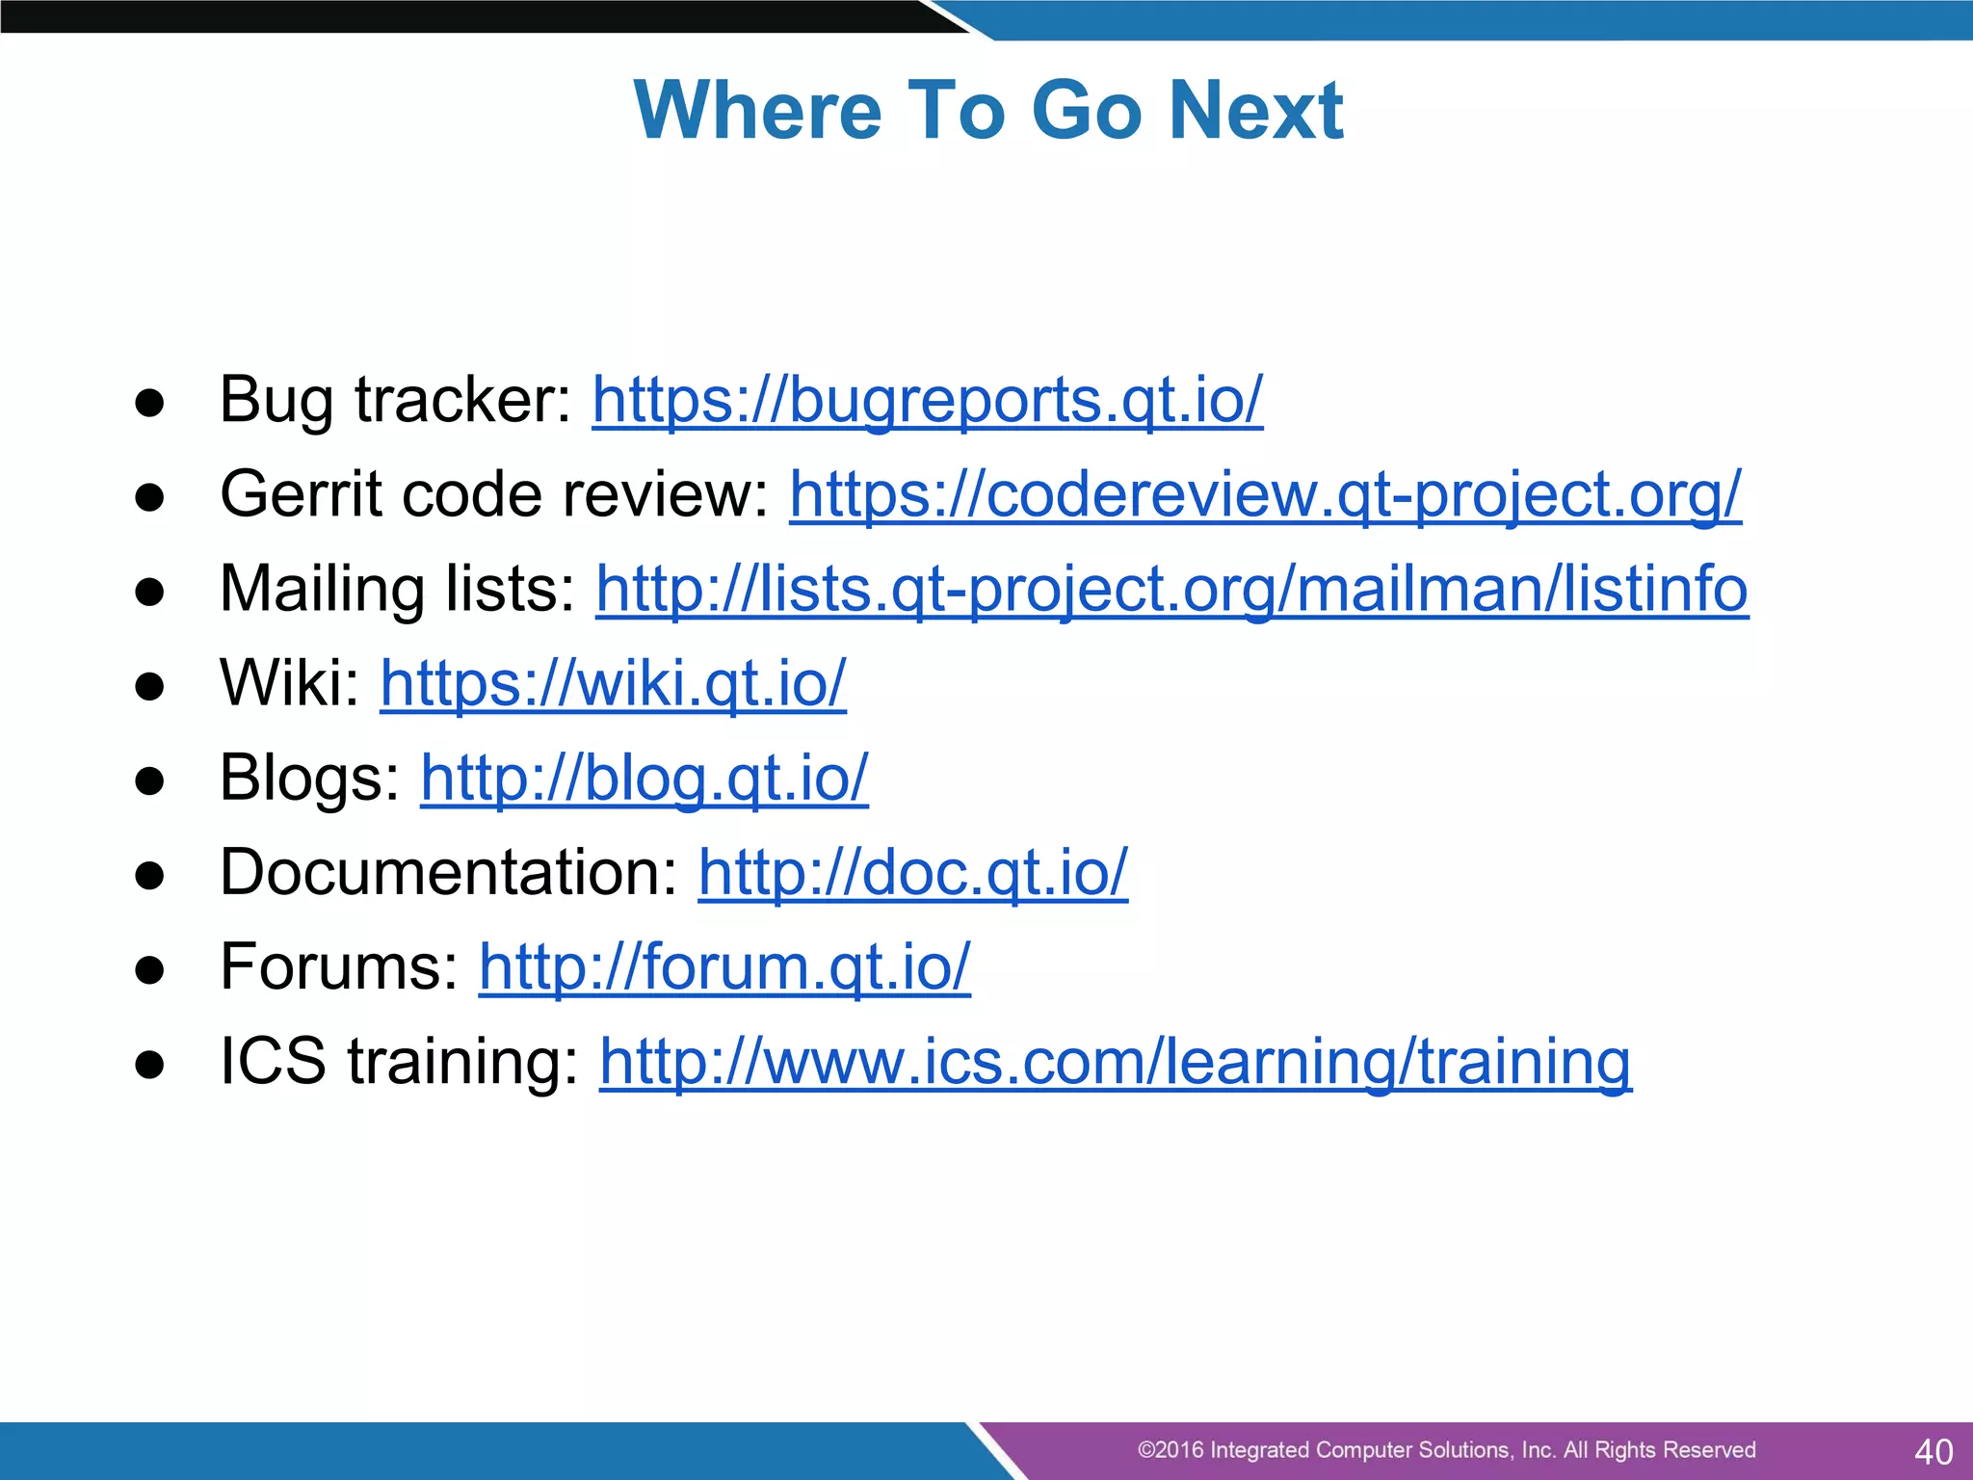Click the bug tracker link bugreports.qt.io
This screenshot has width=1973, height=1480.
[x=927, y=400]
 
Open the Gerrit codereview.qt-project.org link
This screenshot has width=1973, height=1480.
[x=1265, y=494]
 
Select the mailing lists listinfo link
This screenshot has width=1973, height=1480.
[x=1171, y=589]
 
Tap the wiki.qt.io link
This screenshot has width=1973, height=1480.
[x=613, y=683]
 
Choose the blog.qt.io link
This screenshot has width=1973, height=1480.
[x=645, y=778]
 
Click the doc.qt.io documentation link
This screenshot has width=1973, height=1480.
[x=912, y=872]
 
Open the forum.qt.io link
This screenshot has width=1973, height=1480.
[x=724, y=966]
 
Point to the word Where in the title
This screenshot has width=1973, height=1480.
[x=757, y=110]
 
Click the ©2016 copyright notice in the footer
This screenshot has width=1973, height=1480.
[x=1446, y=1450]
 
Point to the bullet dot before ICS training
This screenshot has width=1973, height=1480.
[x=149, y=1066]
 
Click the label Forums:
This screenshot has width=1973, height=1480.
[x=339, y=966]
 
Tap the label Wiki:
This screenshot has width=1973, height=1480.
[x=289, y=683]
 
